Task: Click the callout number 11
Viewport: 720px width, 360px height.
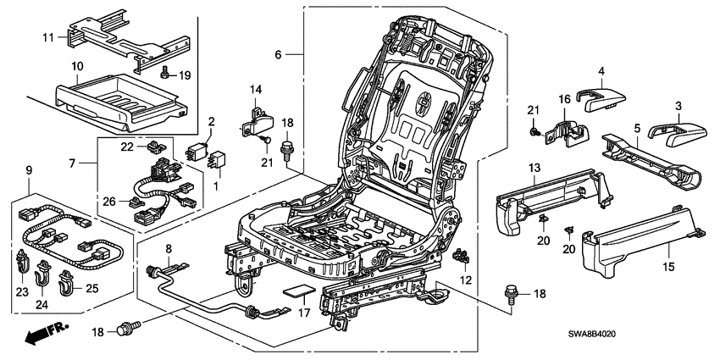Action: [x=47, y=38]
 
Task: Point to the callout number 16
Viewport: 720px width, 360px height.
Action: [x=563, y=100]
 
